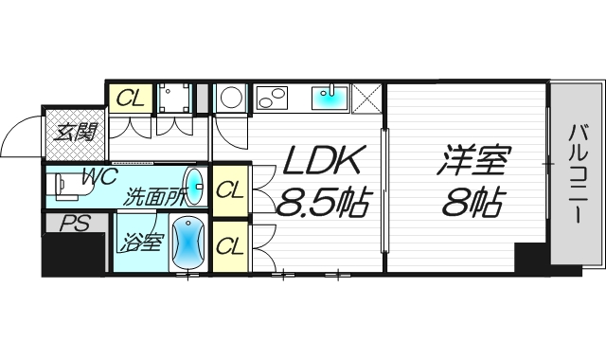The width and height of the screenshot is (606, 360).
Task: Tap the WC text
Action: [x=98, y=176]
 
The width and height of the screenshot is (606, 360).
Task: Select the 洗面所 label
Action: [x=157, y=198]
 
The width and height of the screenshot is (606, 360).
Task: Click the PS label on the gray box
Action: [x=69, y=225]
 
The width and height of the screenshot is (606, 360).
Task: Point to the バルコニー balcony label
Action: [x=576, y=175]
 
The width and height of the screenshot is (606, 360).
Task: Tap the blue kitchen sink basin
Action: [x=329, y=97]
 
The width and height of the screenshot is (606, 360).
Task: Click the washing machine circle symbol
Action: [x=230, y=98]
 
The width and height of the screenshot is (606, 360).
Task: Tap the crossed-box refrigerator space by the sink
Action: [x=367, y=97]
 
